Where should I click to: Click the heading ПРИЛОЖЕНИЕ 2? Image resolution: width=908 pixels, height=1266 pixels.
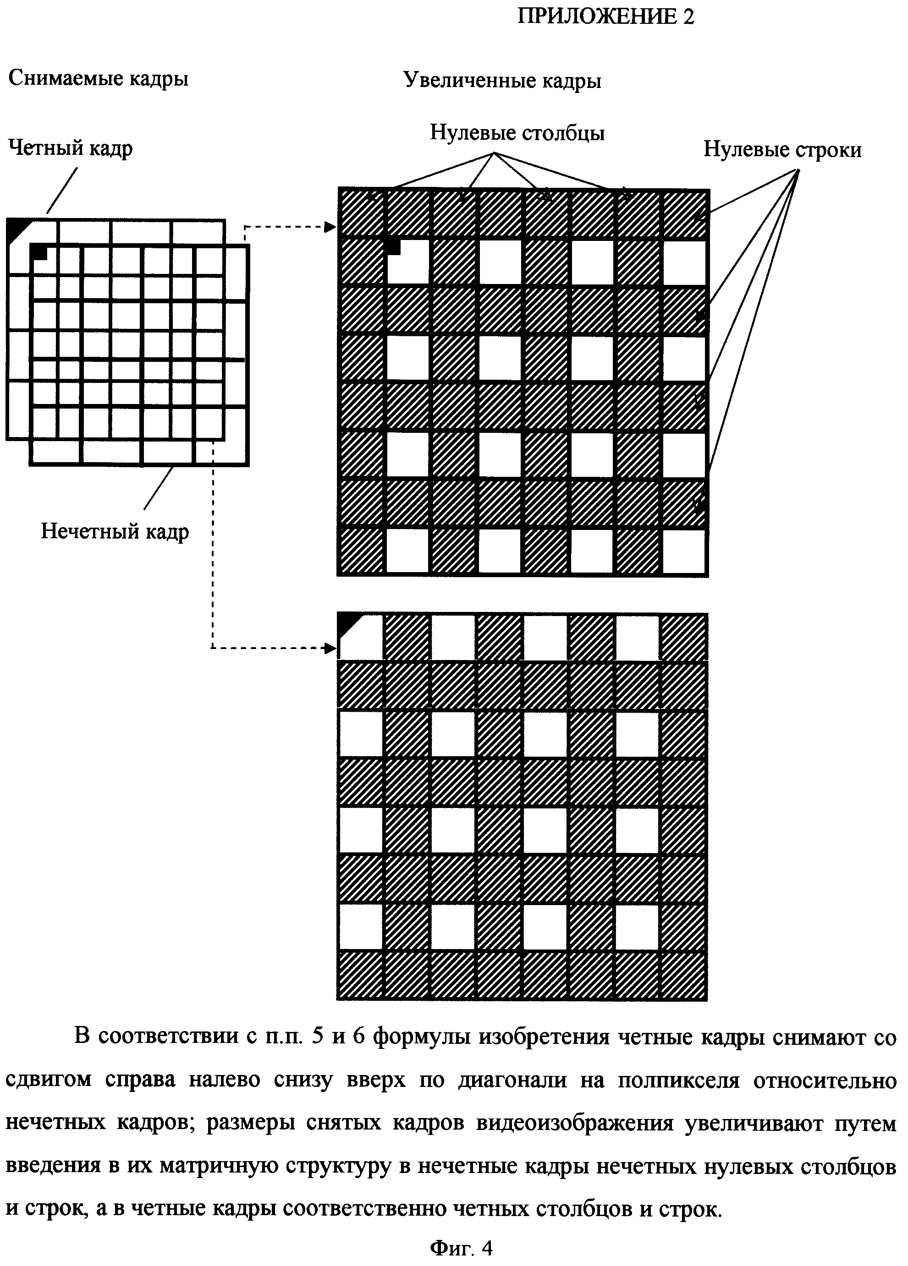tap(605, 17)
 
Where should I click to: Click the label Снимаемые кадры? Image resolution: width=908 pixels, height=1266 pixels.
tap(98, 79)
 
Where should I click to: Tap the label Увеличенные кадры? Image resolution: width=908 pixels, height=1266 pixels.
tap(502, 82)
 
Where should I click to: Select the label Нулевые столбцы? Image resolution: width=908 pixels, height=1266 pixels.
tap(517, 133)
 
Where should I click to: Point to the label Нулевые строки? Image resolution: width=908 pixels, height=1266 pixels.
tap(782, 150)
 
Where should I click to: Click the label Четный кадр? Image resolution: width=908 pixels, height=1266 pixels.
tap(71, 148)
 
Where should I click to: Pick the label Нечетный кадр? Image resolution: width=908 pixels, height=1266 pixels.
tap(115, 531)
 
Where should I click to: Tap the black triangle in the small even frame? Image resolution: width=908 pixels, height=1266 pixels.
tap(16, 229)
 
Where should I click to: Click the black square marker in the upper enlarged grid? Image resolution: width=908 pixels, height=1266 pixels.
tap(394, 246)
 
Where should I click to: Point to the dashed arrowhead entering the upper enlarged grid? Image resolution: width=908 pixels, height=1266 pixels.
tap(330, 227)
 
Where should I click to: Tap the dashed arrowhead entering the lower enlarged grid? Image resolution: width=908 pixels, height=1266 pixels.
tap(330, 648)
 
